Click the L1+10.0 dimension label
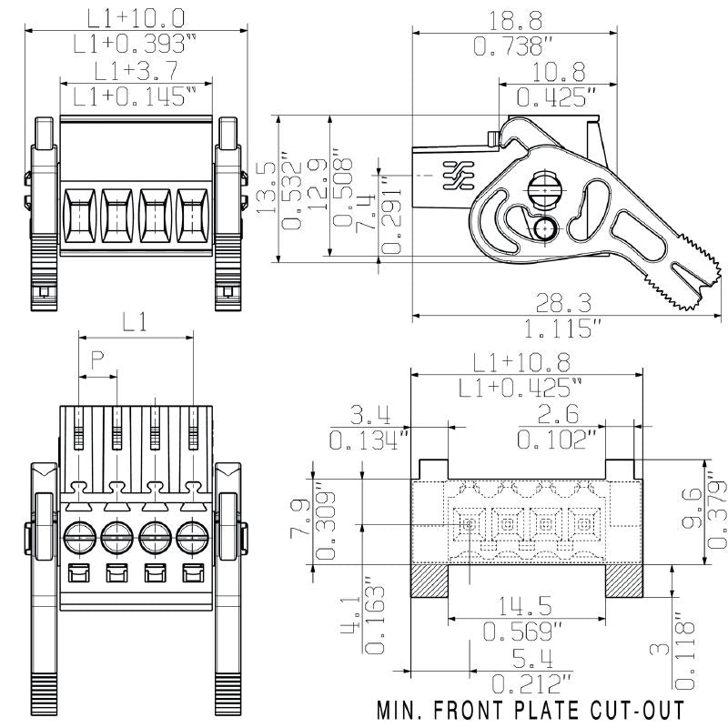pyautogui.click(x=136, y=16)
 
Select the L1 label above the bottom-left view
pyautogui.click(x=135, y=320)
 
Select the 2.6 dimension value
pyautogui.click(x=557, y=416)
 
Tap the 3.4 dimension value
pyautogui.click(x=369, y=416)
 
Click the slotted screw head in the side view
pyautogui.click(x=545, y=190)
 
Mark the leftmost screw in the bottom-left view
pyautogui.click(x=77, y=535)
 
